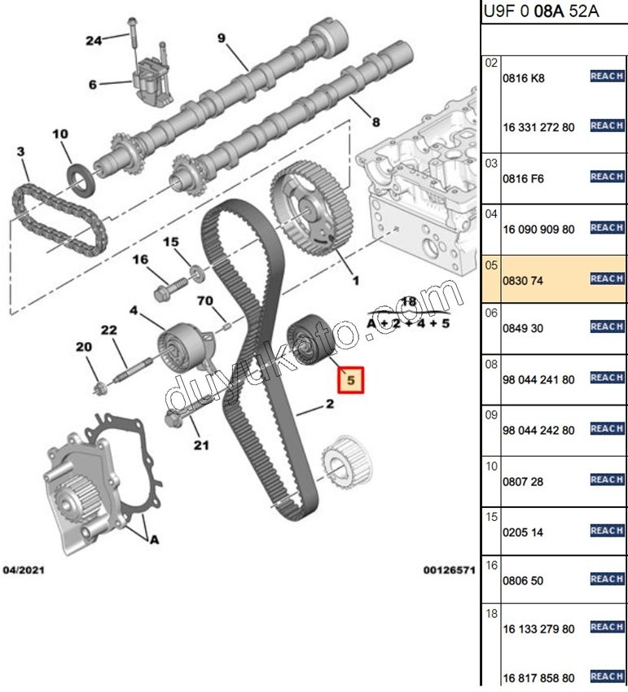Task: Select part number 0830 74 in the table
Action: coord(525,280)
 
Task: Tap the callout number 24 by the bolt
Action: coord(94,41)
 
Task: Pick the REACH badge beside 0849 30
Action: coord(607,326)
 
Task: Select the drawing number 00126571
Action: coord(449,570)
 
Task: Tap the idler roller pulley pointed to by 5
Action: coord(308,337)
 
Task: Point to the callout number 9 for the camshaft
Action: coord(221,38)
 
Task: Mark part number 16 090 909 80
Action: coord(540,230)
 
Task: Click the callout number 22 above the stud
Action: coord(109,330)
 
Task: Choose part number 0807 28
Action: coord(525,482)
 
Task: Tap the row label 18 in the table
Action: coord(491,614)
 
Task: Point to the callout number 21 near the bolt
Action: coord(201,445)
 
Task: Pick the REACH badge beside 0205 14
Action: coord(607,530)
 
